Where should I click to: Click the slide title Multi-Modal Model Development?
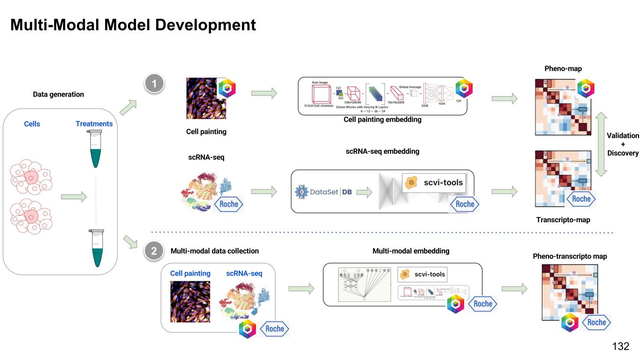point(133,24)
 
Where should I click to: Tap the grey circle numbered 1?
point(154,84)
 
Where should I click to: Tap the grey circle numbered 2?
point(154,251)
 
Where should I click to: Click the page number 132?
point(620,346)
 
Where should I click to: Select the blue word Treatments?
point(94,124)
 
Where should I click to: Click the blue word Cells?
point(32,124)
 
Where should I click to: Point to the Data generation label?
point(58,94)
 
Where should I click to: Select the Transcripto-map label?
point(563,219)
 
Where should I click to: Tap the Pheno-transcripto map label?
point(570,256)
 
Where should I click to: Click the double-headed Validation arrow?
point(600,144)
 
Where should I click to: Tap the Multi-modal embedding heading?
point(411,251)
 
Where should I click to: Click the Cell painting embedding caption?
point(382,120)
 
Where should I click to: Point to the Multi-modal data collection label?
point(214,251)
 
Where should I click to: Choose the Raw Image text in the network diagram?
point(321,82)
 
